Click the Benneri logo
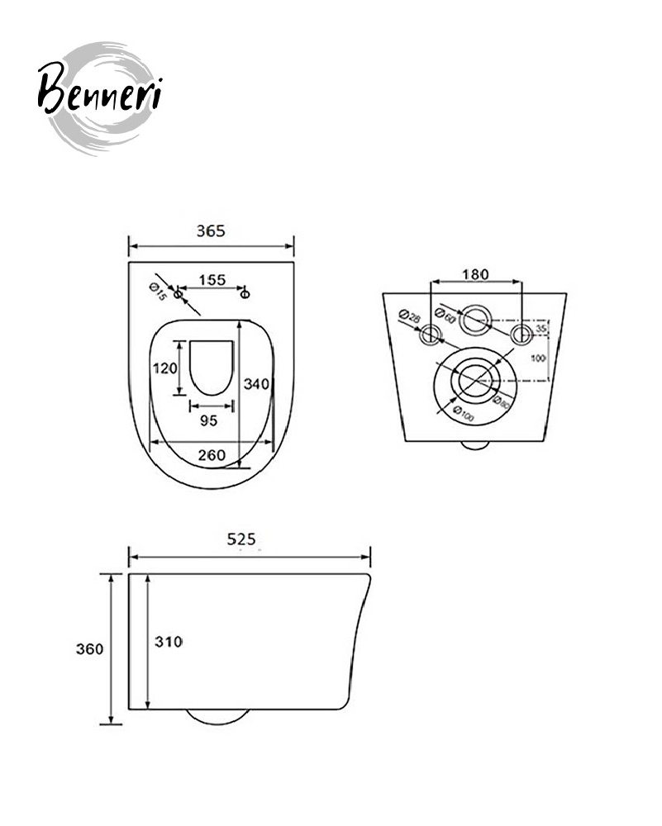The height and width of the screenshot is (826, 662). tap(99, 98)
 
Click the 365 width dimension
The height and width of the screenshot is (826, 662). tap(211, 230)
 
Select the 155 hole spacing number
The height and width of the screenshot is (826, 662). tap(212, 280)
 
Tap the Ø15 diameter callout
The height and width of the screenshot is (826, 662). tap(158, 292)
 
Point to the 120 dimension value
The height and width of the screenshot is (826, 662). tap(165, 368)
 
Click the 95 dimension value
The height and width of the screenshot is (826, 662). tap(209, 420)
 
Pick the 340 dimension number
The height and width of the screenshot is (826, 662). tap(256, 384)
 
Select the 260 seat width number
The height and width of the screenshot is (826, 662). tap(212, 454)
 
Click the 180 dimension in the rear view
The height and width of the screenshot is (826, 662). tap(475, 274)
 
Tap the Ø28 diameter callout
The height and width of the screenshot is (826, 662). tap(410, 317)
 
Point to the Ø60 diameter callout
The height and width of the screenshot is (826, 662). tap(445, 315)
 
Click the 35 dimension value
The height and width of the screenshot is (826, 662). tap(541, 328)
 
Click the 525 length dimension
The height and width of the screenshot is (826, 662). tap(241, 539)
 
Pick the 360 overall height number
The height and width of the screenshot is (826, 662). tap(89, 648)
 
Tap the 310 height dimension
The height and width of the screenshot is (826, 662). tap(169, 642)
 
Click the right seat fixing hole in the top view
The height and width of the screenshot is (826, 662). tap(245, 293)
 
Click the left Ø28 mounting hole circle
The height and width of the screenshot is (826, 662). tap(431, 335)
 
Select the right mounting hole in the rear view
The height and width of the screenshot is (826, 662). tap(522, 335)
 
